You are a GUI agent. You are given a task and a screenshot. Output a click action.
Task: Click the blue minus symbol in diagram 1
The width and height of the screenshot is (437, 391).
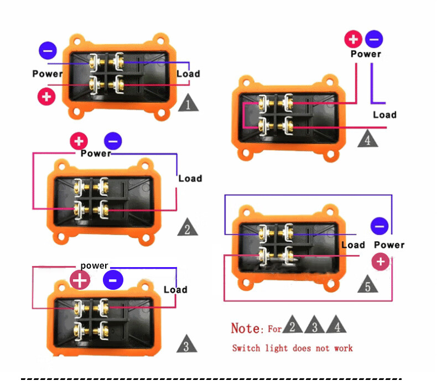(48, 51)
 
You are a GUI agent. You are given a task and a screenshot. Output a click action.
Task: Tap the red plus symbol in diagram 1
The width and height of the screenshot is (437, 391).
(46, 97)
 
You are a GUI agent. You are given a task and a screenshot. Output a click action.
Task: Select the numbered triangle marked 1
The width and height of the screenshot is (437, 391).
(189, 103)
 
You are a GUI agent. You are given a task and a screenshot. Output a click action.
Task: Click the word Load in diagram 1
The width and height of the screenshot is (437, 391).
(188, 74)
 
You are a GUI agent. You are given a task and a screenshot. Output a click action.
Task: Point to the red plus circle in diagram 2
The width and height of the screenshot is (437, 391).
(79, 140)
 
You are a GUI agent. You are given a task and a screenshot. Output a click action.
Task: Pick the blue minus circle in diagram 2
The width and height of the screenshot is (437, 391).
(113, 140)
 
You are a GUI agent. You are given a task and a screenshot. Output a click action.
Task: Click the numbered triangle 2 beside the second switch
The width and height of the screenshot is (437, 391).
(188, 227)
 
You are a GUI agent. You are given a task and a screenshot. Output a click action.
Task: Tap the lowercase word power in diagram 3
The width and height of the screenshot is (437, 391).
(94, 265)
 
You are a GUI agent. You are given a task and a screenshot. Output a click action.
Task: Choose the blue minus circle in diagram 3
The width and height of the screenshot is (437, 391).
(113, 280)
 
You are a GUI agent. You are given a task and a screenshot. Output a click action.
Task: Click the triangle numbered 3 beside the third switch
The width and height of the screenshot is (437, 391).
(187, 345)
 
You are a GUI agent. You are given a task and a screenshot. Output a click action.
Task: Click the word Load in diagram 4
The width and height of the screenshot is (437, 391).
(384, 114)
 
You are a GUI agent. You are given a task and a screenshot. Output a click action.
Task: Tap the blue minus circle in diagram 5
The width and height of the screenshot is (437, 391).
(379, 226)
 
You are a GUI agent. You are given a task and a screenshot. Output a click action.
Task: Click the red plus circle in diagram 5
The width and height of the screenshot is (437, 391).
(380, 262)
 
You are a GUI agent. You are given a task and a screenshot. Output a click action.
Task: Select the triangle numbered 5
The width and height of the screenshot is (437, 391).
(368, 284)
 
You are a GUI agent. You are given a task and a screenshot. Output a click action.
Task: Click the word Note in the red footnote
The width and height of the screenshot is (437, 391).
(246, 328)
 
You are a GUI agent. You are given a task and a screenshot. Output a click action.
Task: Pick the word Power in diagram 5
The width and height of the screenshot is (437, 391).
(389, 244)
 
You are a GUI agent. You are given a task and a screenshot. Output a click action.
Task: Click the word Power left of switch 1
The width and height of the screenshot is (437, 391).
(48, 74)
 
